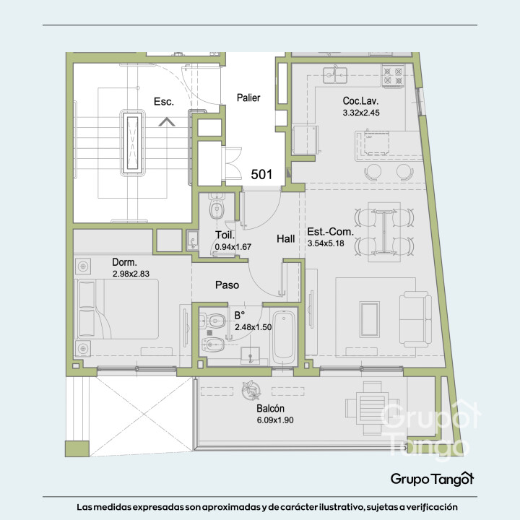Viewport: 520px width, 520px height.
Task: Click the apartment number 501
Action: [261, 175]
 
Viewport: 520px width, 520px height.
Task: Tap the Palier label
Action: [248, 97]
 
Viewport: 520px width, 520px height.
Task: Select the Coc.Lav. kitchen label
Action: [360, 101]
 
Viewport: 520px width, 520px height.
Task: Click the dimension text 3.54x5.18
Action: [326, 243]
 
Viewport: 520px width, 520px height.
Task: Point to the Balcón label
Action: [271, 409]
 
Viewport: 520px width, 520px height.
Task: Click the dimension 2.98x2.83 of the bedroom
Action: [131, 274]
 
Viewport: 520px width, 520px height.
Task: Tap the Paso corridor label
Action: [227, 285]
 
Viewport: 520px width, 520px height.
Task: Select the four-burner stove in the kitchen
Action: [393, 76]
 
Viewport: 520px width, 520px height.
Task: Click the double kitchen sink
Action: [335, 75]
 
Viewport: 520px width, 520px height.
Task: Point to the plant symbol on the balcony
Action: [251, 390]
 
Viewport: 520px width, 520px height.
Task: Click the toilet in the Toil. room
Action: [217, 206]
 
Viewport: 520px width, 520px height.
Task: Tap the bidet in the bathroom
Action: [213, 345]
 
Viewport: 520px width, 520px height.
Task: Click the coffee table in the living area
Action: [370, 320]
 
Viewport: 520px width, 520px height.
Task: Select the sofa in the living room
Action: [415, 318]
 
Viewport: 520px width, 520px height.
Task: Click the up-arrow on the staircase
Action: [167, 122]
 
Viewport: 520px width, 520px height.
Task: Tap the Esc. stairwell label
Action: [164, 102]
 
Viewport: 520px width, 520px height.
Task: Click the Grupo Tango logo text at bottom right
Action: [432, 479]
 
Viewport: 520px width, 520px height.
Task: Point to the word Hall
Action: [286, 239]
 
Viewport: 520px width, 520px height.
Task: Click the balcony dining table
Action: [372, 408]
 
